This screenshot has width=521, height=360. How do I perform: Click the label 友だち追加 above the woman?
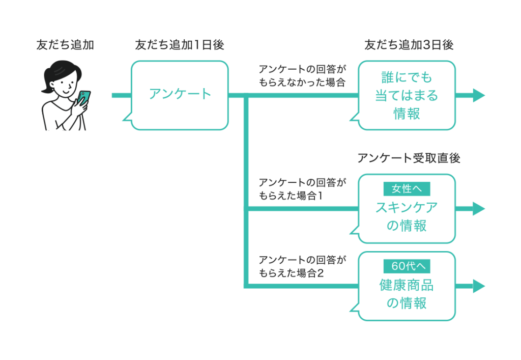click(x=65, y=45)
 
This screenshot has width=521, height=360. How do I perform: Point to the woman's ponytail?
click(x=46, y=87)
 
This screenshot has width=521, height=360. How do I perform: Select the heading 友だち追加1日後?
click(x=179, y=45)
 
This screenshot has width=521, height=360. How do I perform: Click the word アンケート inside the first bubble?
click(x=180, y=94)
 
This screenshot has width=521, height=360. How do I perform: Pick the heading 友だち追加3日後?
click(x=409, y=45)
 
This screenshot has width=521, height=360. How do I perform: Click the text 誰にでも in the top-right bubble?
click(x=407, y=77)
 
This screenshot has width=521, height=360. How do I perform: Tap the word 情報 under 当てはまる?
click(x=407, y=114)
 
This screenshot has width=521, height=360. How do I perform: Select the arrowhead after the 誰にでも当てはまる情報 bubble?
click(x=479, y=95)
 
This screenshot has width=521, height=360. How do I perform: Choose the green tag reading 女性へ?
click(x=407, y=189)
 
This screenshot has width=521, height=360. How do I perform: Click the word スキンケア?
click(x=407, y=207)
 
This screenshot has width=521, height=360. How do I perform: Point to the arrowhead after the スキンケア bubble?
click(x=479, y=208)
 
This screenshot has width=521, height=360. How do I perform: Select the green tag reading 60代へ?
click(x=407, y=266)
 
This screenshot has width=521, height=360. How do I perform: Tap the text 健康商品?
click(x=407, y=285)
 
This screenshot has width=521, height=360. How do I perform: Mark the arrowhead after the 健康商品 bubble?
click(x=479, y=286)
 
